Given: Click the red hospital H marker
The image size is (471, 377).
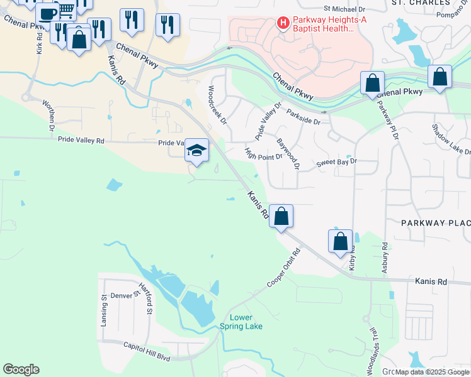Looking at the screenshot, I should click(x=283, y=23).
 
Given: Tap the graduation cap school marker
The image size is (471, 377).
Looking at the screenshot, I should click(x=196, y=151).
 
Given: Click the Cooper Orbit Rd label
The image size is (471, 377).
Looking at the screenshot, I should click(x=284, y=268).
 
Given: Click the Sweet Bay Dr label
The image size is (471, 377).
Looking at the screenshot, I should click(x=336, y=162).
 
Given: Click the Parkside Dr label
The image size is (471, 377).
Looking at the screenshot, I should click(x=304, y=116).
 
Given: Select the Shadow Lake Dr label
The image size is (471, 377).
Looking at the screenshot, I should click(x=451, y=139).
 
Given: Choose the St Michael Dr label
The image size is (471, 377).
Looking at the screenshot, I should click(x=344, y=9).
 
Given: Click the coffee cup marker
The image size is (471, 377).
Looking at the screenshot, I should click(x=47, y=13).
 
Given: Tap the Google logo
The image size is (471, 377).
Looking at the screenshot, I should click(x=21, y=369).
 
